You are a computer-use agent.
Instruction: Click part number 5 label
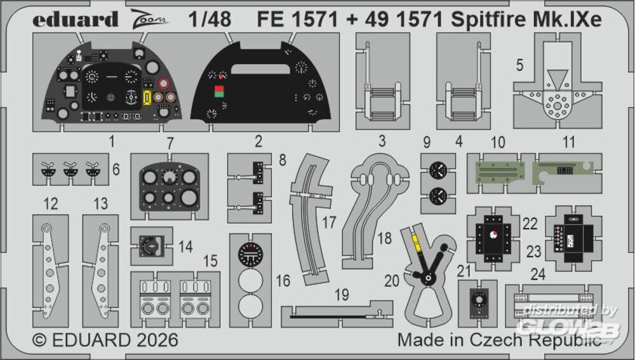[x=519, y=65]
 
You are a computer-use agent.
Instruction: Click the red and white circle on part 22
[x=495, y=235]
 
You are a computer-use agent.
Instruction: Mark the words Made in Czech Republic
[x=499, y=340]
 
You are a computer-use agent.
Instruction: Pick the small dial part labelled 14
[x=151, y=245]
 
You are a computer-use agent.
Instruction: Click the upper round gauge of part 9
[x=438, y=170]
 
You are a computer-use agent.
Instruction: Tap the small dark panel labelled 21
[x=478, y=299]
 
